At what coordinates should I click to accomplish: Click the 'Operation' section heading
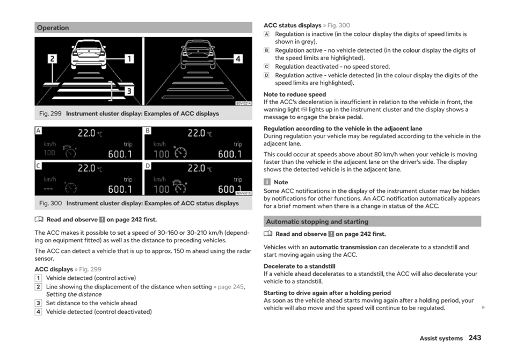click(x=53, y=27)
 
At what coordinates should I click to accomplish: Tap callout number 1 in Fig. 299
click(x=129, y=59)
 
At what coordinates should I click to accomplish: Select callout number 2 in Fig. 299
click(x=52, y=59)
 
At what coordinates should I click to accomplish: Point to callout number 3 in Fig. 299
click(x=129, y=91)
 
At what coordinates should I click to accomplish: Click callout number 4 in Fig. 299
click(x=238, y=59)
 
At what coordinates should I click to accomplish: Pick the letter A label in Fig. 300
click(x=38, y=131)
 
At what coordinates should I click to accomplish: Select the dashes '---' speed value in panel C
click(x=48, y=189)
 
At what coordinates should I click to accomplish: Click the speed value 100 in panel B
click(x=161, y=154)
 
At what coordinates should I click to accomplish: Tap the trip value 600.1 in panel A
click(x=120, y=154)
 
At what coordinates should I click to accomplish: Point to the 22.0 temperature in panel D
click(x=197, y=168)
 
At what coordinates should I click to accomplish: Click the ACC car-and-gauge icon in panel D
click(x=179, y=186)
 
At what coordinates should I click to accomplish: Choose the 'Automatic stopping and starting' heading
click(x=317, y=221)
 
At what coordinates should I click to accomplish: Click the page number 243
click(x=475, y=338)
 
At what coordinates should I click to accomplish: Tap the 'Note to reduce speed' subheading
click(x=295, y=94)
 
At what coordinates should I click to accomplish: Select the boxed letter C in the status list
click(x=266, y=67)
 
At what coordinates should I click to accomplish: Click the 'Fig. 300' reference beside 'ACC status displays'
click(x=339, y=25)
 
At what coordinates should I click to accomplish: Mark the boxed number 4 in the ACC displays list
click(x=38, y=312)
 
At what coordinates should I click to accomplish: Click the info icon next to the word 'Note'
click(x=267, y=182)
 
